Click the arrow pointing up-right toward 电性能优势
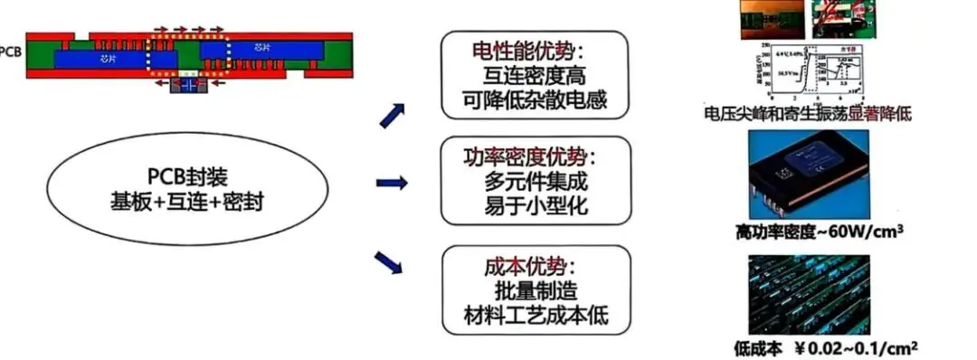(391, 113)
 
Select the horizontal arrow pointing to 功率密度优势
(390, 184)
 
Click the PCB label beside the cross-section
(10, 52)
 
